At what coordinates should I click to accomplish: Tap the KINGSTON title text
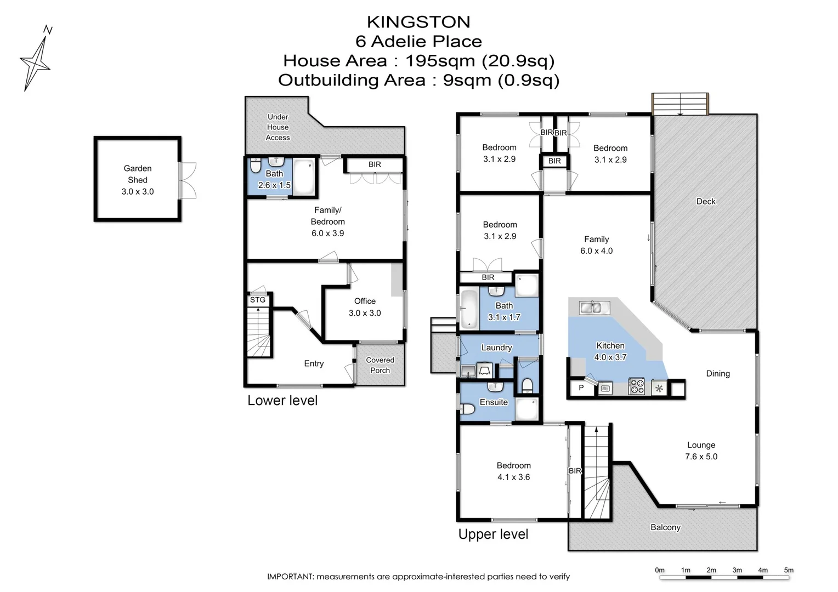(x=418, y=22)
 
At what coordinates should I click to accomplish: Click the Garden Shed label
(x=138, y=174)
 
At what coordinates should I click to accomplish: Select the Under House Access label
(x=278, y=127)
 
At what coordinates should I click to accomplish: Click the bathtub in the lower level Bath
(x=304, y=177)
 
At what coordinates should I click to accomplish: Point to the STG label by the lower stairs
(x=258, y=300)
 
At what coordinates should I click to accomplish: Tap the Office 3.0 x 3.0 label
(x=365, y=307)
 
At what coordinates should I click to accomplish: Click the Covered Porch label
(x=380, y=365)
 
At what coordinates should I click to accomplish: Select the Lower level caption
(x=282, y=401)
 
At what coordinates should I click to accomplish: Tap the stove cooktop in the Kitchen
(x=636, y=387)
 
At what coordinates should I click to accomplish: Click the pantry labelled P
(x=581, y=388)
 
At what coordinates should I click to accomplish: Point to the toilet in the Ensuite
(x=467, y=409)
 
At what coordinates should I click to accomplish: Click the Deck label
(x=706, y=202)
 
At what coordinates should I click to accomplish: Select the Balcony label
(x=665, y=527)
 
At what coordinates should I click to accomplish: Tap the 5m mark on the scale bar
(x=789, y=571)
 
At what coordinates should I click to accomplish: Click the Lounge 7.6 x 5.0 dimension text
(x=701, y=457)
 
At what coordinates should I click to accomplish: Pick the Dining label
(x=718, y=374)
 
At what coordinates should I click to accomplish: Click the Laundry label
(x=496, y=348)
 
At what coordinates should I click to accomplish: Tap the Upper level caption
(x=493, y=534)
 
